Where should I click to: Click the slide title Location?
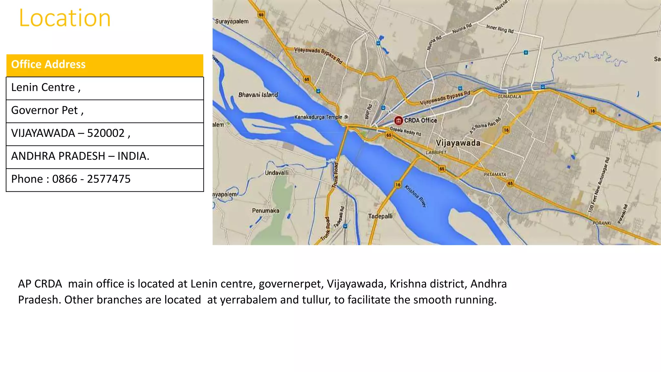point(65,18)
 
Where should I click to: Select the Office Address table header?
point(48,64)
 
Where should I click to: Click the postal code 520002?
point(106,133)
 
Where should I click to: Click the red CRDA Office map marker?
point(398,121)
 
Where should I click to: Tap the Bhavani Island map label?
point(258,95)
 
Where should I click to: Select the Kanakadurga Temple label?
point(318,117)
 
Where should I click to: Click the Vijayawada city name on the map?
point(458,143)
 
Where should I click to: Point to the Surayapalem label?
point(232,22)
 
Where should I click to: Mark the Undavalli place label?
point(277,173)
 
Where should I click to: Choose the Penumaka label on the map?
point(266,211)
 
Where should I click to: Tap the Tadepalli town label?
point(380,216)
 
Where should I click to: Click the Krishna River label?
point(415,196)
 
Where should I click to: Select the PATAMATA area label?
point(495,174)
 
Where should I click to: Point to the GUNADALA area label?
point(509,97)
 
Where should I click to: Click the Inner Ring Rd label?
point(500,29)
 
